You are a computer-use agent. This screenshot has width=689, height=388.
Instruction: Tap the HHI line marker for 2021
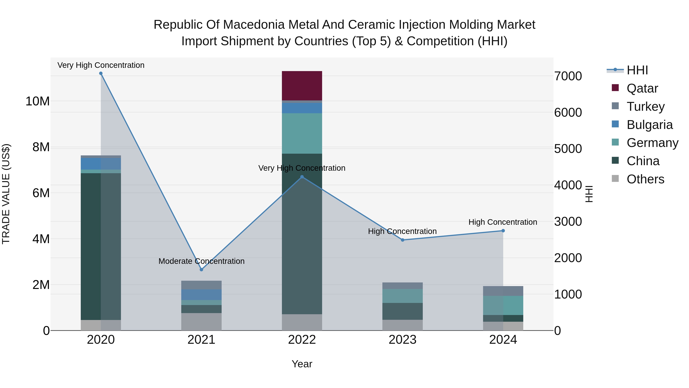pos(201,270)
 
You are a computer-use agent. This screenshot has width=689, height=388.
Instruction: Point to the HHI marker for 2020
pos(101,73)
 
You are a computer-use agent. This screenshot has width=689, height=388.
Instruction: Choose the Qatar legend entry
pos(642,88)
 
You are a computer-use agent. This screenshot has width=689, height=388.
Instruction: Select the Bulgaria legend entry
pos(649,125)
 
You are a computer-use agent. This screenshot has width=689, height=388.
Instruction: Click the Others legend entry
pos(645,179)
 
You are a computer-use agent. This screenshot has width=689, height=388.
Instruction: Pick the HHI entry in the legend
pos(637,70)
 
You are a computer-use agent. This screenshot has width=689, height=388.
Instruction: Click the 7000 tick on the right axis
pos(568,76)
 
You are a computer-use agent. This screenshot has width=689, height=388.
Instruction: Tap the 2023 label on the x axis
pos(402,340)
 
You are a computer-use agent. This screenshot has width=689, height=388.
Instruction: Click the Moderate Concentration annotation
pos(201,261)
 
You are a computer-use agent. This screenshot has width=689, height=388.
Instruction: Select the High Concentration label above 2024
pos(503,222)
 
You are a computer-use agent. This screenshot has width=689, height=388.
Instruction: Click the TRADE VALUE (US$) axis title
pos(6,194)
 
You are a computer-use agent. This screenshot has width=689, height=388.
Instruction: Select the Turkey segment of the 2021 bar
pos(201,285)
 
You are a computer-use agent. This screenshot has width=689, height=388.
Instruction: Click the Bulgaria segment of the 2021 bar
pos(201,294)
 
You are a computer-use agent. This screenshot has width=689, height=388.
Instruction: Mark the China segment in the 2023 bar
pos(402,311)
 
